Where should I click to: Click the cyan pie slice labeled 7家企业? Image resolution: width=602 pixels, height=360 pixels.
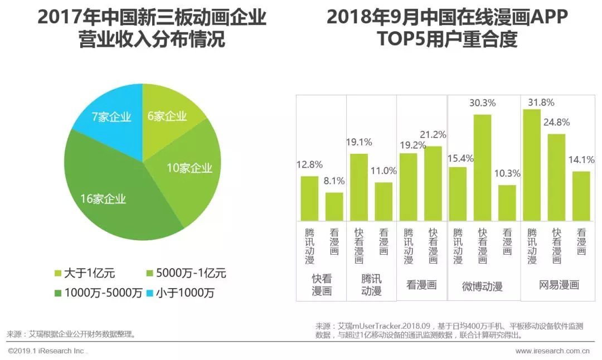111,117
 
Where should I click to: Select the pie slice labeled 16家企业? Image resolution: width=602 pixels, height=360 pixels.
106,195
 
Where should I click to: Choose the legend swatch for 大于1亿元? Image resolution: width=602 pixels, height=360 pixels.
58,274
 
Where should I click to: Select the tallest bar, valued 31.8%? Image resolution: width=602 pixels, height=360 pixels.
532,164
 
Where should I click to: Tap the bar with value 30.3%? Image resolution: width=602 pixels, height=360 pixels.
483,167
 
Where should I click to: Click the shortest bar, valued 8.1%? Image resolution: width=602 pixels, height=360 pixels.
334,206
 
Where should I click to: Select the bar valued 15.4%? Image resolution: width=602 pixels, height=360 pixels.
458,193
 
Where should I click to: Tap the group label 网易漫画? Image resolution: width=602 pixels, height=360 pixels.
559,285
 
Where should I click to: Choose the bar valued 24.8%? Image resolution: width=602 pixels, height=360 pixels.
556,177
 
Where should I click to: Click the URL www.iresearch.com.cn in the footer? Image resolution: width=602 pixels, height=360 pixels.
552,351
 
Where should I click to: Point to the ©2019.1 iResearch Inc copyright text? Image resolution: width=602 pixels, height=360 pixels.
47,351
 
